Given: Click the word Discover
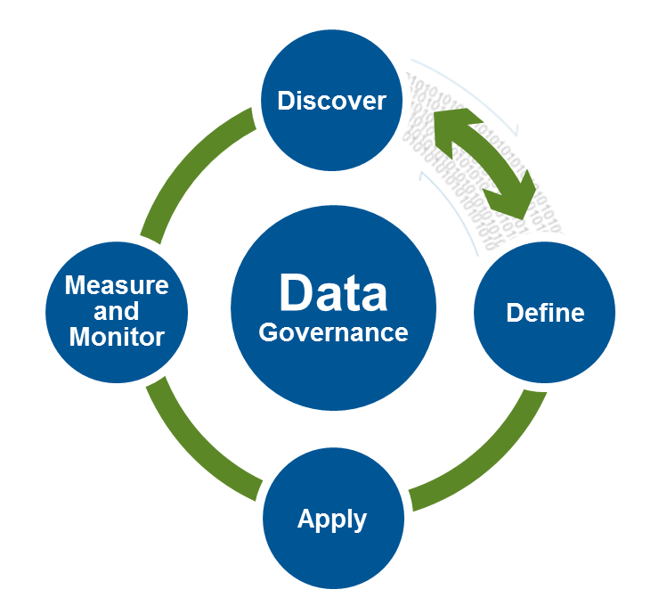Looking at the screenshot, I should [x=332, y=101].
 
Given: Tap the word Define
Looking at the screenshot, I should [x=545, y=313].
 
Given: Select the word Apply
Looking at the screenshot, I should [x=332, y=519].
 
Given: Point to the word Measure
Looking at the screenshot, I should [x=117, y=285].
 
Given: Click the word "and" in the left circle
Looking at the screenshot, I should [x=117, y=311].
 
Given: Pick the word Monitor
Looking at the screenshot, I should [x=117, y=338].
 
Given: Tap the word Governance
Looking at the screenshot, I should [x=333, y=332].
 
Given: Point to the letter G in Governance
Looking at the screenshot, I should [x=266, y=333].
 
